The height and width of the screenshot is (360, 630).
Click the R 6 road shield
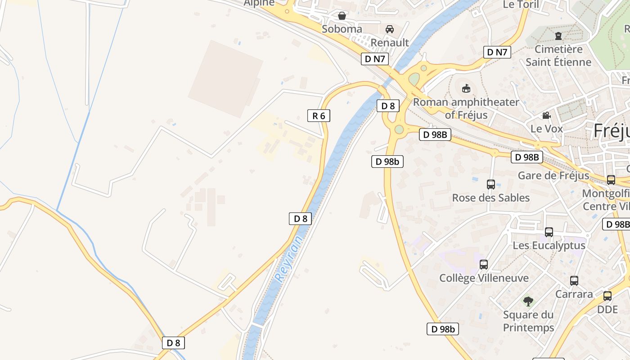point(319,116)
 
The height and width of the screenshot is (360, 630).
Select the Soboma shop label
point(342,29)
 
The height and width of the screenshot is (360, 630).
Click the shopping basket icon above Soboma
point(342,16)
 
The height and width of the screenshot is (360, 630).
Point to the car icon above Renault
point(390,29)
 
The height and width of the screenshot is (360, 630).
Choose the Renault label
point(390,43)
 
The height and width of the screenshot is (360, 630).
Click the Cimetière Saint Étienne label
point(558,55)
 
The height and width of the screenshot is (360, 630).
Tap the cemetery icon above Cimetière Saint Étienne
point(558,36)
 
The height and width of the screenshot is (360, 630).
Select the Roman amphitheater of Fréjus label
point(466,108)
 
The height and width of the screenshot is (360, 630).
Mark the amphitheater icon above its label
point(466,88)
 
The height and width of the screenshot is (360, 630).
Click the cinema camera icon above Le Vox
point(547,116)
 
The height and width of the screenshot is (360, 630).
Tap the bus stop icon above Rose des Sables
point(491,184)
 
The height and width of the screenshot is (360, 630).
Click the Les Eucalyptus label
point(549,245)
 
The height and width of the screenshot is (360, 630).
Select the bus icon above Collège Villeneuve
point(484,265)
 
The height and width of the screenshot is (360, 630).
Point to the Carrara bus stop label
point(574,294)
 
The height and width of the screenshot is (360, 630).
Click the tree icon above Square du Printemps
point(528,301)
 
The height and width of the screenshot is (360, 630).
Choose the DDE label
point(607,310)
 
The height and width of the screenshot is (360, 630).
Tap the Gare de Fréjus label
point(553,175)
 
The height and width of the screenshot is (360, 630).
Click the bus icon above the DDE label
point(607,296)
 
